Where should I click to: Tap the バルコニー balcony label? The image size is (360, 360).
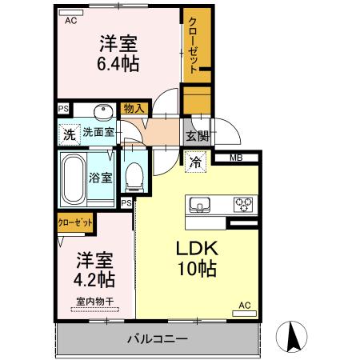click(x=158, y=339)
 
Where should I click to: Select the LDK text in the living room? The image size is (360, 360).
click(x=197, y=248)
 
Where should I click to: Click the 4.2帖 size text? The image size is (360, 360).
click(x=95, y=280)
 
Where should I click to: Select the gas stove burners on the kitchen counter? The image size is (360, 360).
click(x=242, y=205)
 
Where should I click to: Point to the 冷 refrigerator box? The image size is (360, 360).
click(x=195, y=162)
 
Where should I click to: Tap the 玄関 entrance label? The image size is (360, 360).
click(x=197, y=136)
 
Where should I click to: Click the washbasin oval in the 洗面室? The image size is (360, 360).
click(x=102, y=111)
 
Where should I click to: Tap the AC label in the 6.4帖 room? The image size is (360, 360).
click(x=70, y=21)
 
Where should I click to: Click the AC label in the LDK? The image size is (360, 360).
click(x=245, y=305)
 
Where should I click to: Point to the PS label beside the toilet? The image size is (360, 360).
click(x=126, y=203)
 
